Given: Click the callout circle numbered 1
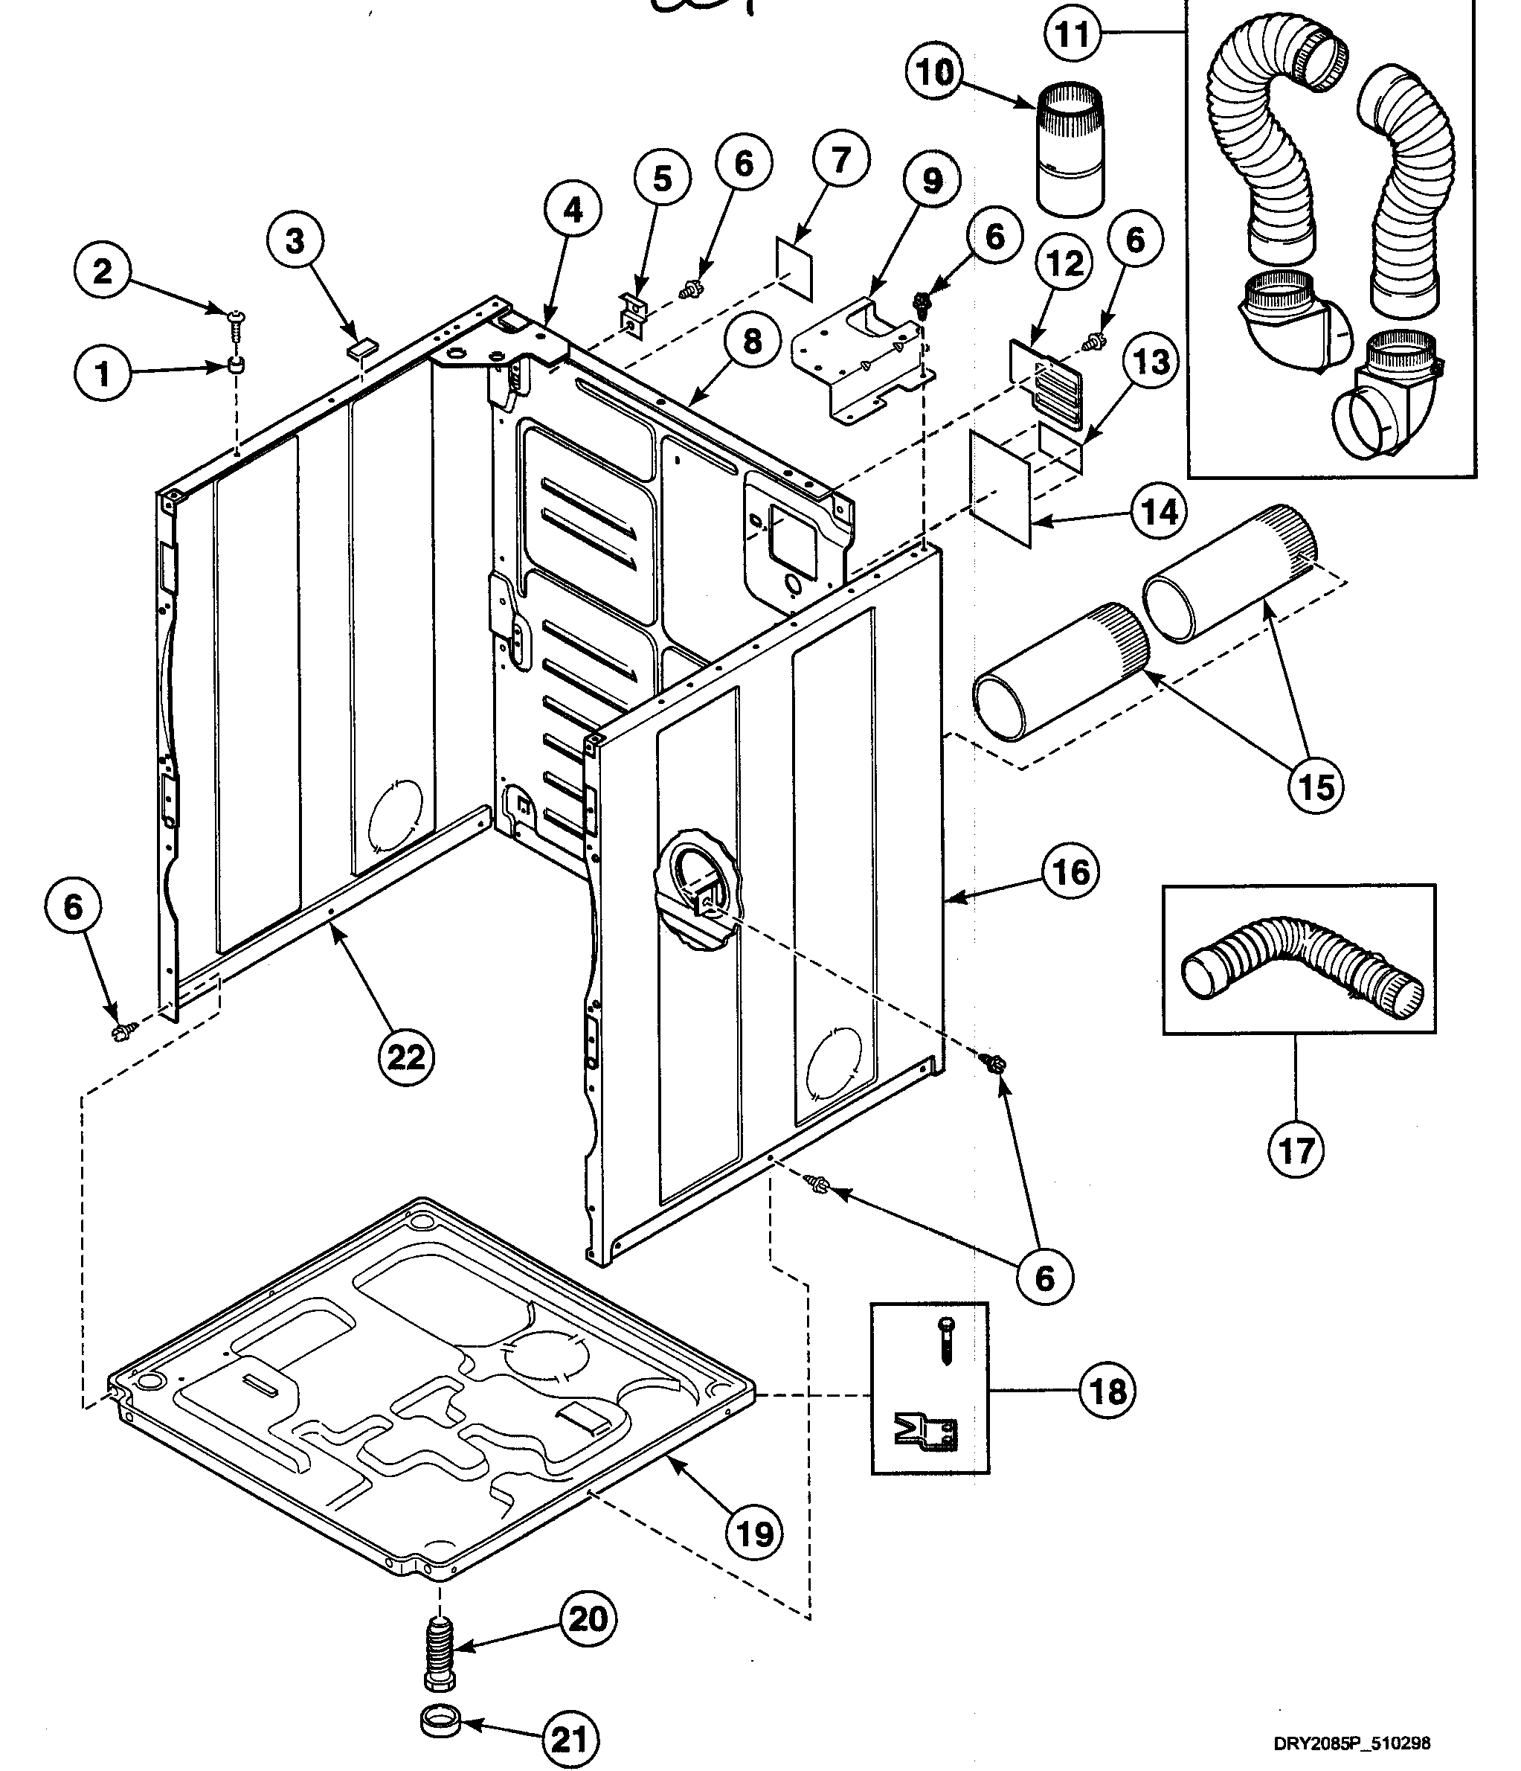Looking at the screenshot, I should pyautogui.click(x=103, y=374).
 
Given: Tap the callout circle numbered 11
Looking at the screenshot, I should pyautogui.click(x=1073, y=34).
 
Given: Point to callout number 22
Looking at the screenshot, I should pyautogui.click(x=405, y=1057).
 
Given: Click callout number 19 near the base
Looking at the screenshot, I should pyautogui.click(x=754, y=1534).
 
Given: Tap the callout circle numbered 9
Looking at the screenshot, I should pyautogui.click(x=931, y=180).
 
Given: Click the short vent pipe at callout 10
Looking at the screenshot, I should pyautogui.click(x=1069, y=150).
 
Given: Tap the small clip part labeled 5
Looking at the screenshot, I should pyautogui.click(x=631, y=314).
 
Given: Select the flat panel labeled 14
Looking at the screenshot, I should pyautogui.click(x=1000, y=487).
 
